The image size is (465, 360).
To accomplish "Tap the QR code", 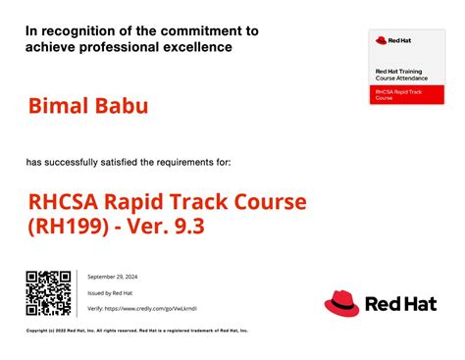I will tap(48, 293).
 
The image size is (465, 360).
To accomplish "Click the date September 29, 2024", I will tap(115, 277).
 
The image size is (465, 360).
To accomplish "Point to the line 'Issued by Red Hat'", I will tap(111, 292).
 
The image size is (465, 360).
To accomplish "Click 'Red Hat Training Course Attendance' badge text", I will tap(400, 77).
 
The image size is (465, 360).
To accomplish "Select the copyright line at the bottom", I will tap(137, 331).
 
